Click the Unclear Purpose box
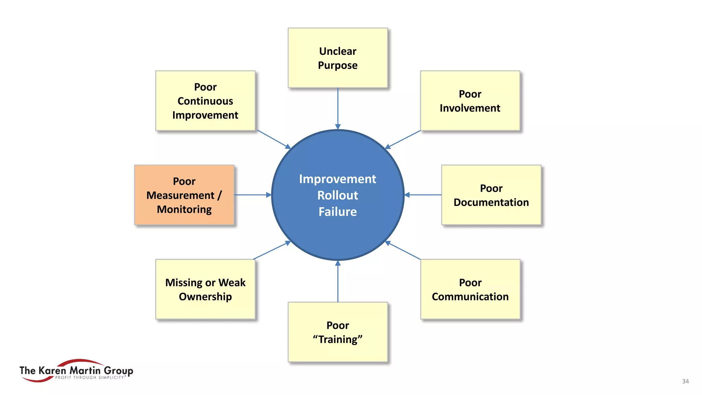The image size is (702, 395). [338, 58]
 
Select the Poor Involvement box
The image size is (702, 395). [470, 101]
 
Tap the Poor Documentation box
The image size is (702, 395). [491, 195]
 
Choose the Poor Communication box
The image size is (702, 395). [470, 289]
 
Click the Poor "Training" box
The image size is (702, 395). [338, 332]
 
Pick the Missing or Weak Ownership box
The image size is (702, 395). [205, 289]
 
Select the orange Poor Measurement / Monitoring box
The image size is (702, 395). [184, 195]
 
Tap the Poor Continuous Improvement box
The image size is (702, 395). [205, 101]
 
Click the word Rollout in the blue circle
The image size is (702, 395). [338, 195]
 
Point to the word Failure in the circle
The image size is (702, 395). [338, 212]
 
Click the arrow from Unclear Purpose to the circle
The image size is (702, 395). [338, 108]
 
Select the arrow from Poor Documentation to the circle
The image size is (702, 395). [423, 195]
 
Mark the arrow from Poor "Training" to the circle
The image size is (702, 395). [338, 281]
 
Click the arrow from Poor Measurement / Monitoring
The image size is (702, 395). [253, 195]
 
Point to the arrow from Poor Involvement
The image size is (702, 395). [403, 140]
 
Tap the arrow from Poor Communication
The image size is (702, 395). [403, 251]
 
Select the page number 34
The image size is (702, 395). [685, 381]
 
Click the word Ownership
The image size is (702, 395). [205, 297]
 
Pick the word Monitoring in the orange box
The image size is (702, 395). [184, 210]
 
